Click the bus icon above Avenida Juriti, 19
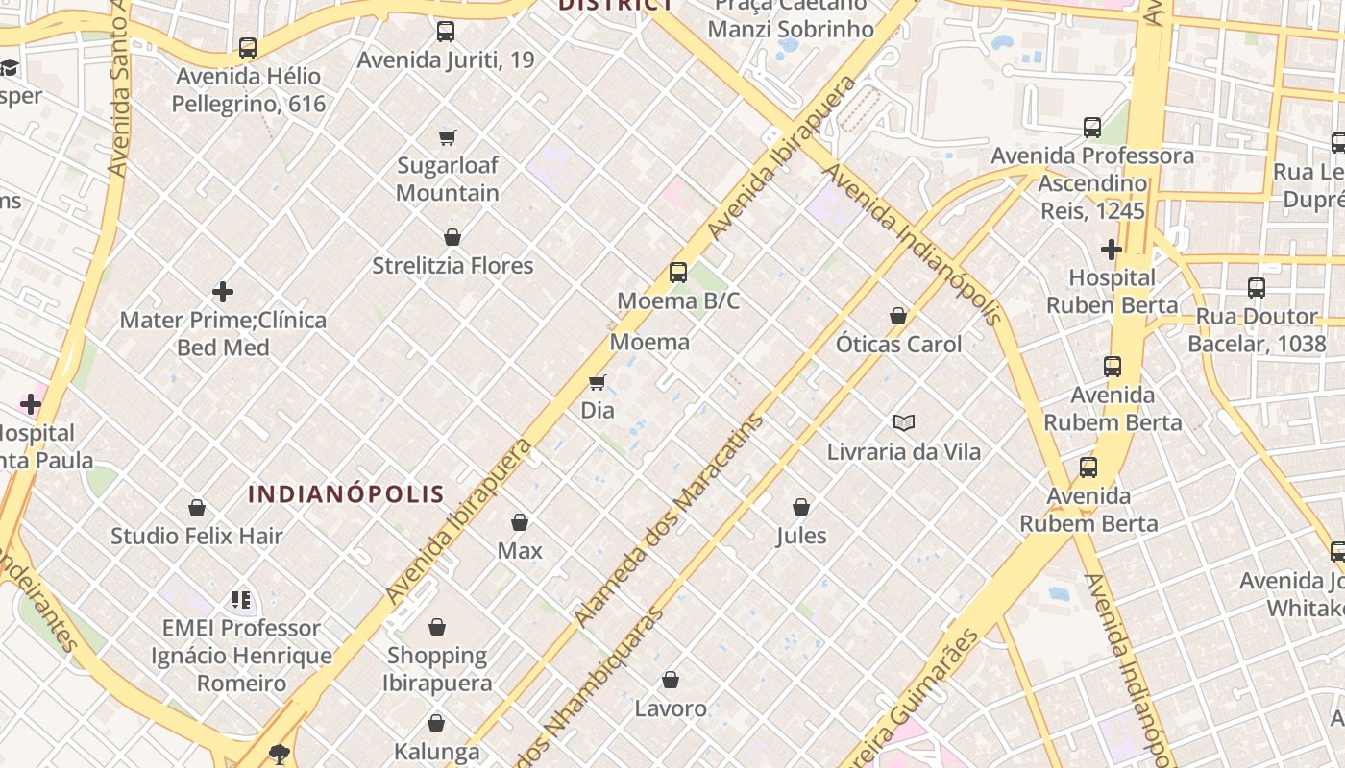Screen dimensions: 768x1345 tap(446, 32)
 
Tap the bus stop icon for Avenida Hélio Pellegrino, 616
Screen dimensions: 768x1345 tap(248, 47)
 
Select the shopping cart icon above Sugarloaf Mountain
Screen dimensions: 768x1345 tap(448, 137)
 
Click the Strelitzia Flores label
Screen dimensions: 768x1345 tap(452, 266)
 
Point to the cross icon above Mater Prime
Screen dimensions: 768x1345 tap(223, 292)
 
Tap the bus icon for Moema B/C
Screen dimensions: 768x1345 tap(678, 273)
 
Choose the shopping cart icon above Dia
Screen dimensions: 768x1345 tap(598, 383)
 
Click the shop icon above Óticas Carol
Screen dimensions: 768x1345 tap(898, 316)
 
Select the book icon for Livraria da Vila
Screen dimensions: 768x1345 tap(904, 422)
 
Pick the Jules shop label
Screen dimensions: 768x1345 tap(801, 536)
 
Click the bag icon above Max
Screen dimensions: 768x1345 tap(520, 522)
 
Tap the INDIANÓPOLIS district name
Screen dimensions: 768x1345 tap(346, 494)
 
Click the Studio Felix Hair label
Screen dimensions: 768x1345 tap(197, 536)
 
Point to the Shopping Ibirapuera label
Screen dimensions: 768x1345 tap(437, 669)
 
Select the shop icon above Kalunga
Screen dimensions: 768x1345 tap(436, 723)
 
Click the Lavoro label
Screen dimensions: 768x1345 tap(671, 708)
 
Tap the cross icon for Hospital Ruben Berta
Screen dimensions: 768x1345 tap(1112, 251)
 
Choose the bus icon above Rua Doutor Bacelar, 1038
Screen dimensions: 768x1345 tap(1257, 288)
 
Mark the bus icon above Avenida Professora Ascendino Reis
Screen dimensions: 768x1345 tap(1092, 128)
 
